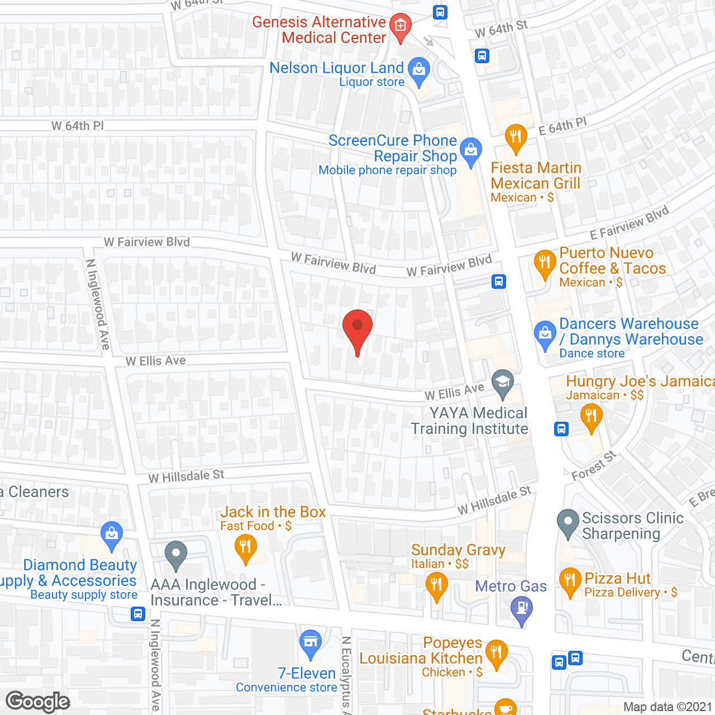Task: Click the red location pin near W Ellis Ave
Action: tap(357, 327)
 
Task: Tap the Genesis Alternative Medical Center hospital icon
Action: tap(400, 26)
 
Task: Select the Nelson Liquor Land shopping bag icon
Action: tap(418, 70)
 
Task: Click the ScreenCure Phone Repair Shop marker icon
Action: tap(471, 150)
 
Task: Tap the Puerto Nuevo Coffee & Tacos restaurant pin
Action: tap(544, 263)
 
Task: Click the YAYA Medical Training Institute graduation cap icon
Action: tap(503, 383)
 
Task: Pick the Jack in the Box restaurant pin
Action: tap(245, 547)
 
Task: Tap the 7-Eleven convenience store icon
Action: tap(311, 642)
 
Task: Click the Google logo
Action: tap(38, 702)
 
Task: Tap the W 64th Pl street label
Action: tap(78, 126)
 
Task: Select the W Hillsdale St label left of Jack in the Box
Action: tap(186, 476)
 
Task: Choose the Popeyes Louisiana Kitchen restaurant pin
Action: tap(497, 653)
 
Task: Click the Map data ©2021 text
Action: tap(668, 707)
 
